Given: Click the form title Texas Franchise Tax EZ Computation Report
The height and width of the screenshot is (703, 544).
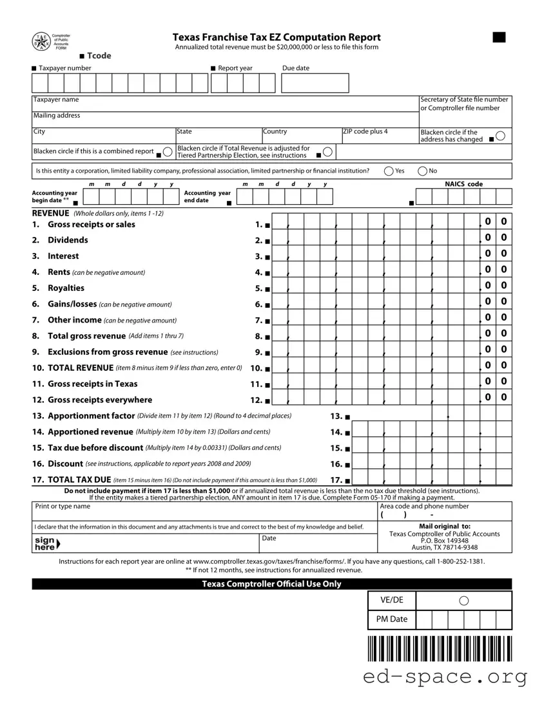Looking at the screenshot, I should (277, 37).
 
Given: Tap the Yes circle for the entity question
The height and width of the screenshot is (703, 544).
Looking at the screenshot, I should (389, 171).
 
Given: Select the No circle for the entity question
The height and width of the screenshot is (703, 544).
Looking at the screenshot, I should (422, 171).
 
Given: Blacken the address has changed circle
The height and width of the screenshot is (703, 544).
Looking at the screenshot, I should (500, 136).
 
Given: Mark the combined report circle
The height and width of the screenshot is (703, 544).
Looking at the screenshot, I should (167, 151).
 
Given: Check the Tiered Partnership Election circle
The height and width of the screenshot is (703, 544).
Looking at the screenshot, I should (327, 151).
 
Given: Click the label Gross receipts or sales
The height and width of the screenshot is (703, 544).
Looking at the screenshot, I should (91, 225).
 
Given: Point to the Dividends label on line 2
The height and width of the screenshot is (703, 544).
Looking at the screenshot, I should (68, 240).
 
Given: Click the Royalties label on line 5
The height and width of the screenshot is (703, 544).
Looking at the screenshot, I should (66, 288).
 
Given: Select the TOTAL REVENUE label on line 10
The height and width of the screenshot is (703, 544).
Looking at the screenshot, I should (81, 368).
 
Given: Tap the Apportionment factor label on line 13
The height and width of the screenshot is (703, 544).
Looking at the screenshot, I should (91, 416).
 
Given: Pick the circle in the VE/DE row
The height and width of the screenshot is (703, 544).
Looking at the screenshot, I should (463, 601).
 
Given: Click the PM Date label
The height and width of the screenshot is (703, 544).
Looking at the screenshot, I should (391, 619).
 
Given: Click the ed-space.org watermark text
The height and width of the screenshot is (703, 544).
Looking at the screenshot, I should (445, 677).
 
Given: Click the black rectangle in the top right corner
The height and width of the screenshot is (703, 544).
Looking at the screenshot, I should (499, 37).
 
